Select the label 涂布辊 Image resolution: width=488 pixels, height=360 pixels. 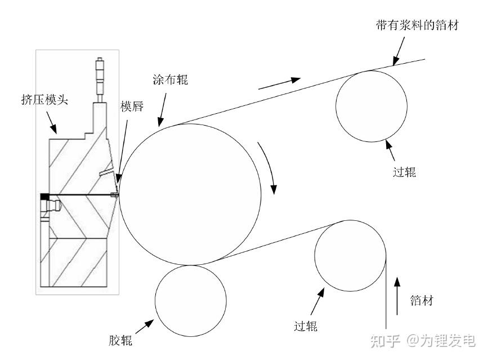(170, 80)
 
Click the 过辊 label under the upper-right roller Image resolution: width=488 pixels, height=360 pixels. (404, 172)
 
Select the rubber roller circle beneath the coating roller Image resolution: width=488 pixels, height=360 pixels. (190, 300)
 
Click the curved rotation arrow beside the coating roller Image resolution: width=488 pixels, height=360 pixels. (268, 168)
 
